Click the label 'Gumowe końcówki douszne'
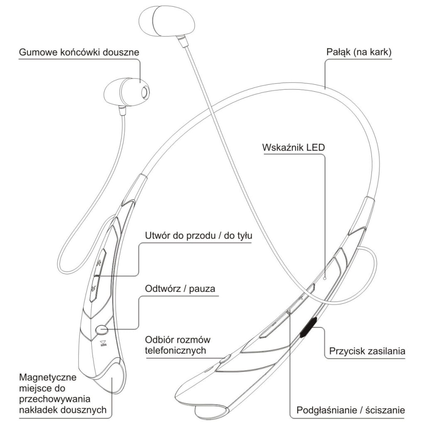[x=79, y=53]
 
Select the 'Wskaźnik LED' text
[x=293, y=148]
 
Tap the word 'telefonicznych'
[x=176, y=351]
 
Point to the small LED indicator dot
[x=325, y=278]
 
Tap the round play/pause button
[x=101, y=330]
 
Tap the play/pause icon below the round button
[x=103, y=344]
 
